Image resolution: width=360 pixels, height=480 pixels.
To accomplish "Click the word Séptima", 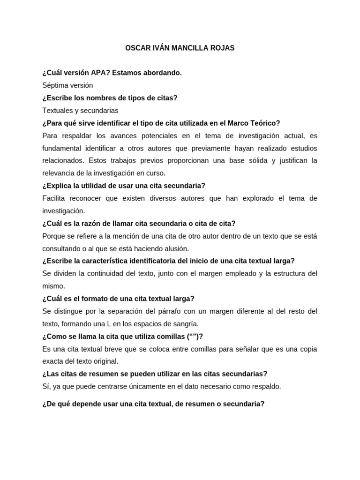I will pyautogui.click(x=55, y=85).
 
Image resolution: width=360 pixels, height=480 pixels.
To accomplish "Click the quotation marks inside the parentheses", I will pyautogui.click(x=191, y=336).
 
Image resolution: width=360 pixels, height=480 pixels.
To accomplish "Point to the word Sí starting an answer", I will pyautogui.click(x=46, y=386).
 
